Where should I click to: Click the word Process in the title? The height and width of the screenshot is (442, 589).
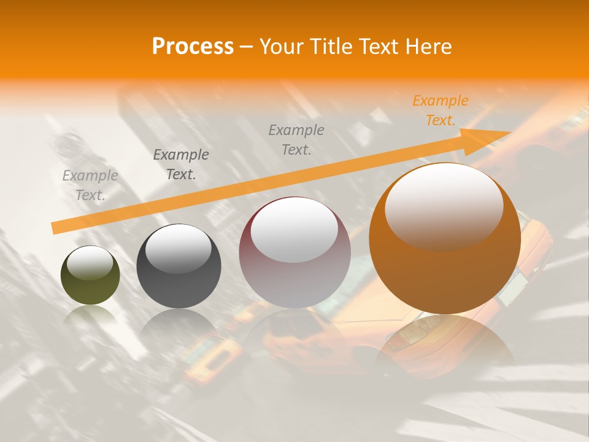pyautogui.click(x=193, y=47)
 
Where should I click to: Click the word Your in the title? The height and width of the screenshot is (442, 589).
pyautogui.click(x=280, y=47)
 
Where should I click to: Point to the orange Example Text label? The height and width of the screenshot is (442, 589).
pyautogui.click(x=440, y=110)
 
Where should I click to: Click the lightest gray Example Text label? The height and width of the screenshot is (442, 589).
pyautogui.click(x=90, y=185)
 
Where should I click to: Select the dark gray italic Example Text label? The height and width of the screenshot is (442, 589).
pyautogui.click(x=181, y=165)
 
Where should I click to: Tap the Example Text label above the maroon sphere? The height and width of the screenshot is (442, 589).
pyautogui.click(x=296, y=139)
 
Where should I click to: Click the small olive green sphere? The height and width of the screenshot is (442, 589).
pyautogui.click(x=90, y=276)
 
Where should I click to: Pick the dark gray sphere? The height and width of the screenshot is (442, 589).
pyautogui.click(x=179, y=266)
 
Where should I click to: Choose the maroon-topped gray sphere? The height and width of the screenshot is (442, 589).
pyautogui.click(x=294, y=253)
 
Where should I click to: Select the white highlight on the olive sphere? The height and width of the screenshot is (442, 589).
pyautogui.click(x=90, y=263)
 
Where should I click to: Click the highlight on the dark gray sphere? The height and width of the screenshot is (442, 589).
pyautogui.click(x=178, y=248)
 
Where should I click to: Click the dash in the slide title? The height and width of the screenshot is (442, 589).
pyautogui.click(x=246, y=47)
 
